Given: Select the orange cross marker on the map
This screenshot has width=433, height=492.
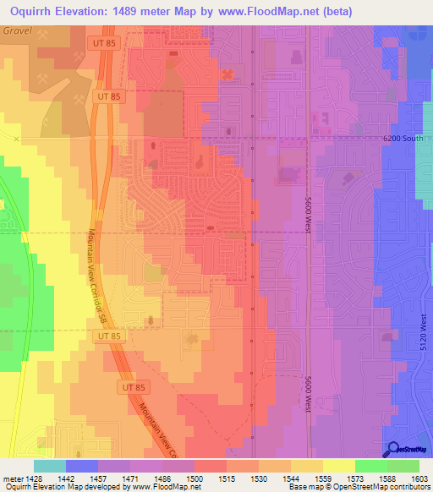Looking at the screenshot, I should [x=227, y=74].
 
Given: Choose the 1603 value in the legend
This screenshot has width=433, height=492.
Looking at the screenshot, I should [x=419, y=478].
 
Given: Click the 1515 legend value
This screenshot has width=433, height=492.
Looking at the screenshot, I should [x=227, y=478].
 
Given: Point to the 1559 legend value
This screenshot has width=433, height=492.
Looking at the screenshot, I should [x=323, y=478].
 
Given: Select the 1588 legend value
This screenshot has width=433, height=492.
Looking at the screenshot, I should [x=388, y=478].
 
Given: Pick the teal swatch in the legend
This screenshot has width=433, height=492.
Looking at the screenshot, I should [x=50, y=465].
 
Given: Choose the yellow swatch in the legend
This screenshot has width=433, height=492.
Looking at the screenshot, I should [x=338, y=465].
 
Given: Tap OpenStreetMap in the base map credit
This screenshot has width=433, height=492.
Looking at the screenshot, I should [x=358, y=488].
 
